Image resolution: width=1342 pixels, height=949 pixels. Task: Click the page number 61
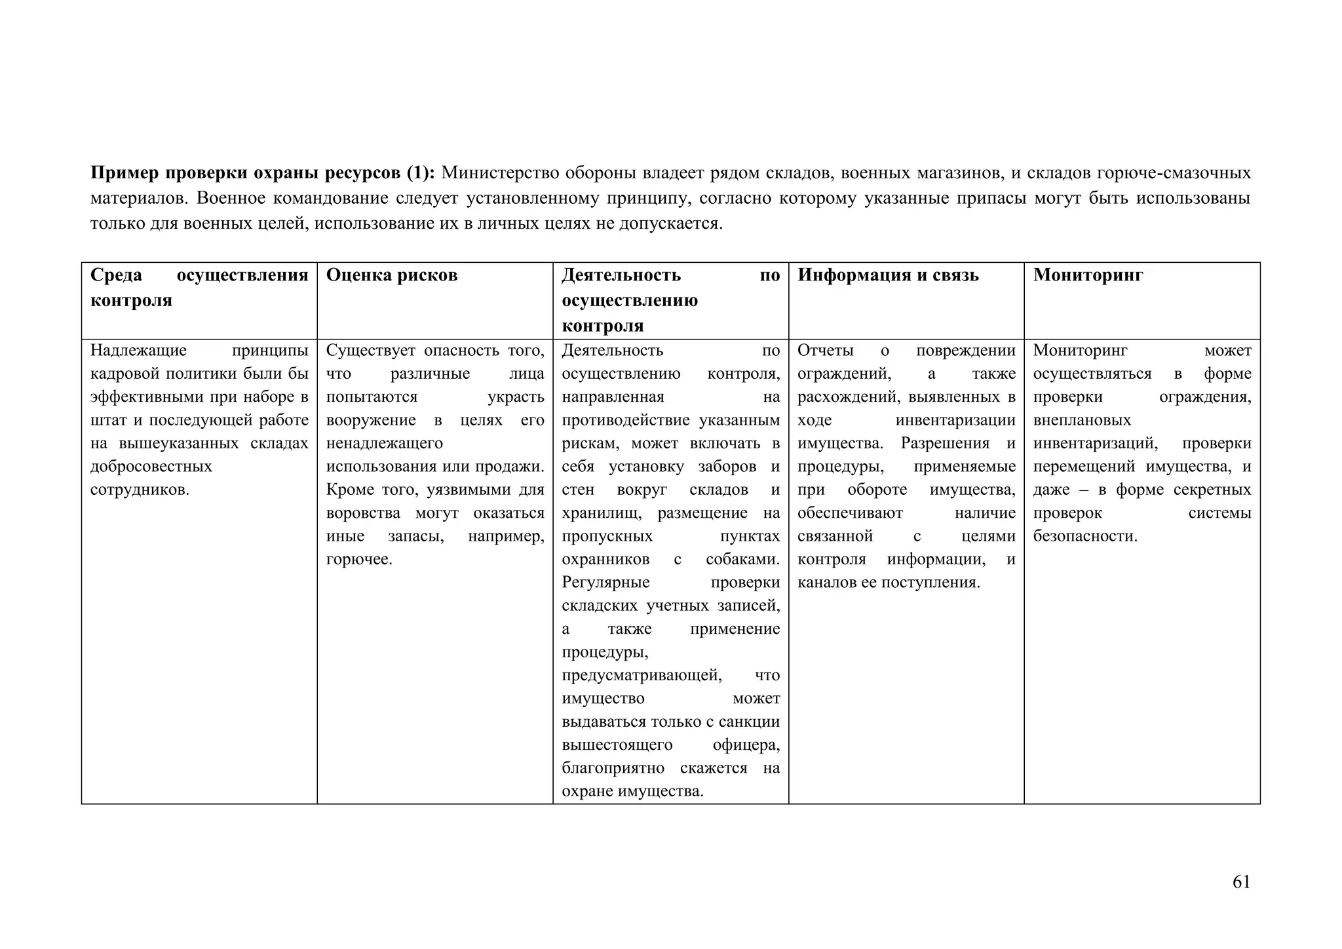(x=1241, y=882)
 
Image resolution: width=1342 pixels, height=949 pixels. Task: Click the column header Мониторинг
(x=1088, y=275)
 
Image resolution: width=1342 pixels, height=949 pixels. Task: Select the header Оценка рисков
(x=391, y=275)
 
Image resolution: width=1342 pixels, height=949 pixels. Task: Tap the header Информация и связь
(x=888, y=275)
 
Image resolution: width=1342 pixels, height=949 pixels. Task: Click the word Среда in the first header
(x=116, y=275)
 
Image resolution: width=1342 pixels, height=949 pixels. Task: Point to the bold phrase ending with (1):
(x=262, y=173)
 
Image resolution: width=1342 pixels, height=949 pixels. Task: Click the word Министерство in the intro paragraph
(x=499, y=173)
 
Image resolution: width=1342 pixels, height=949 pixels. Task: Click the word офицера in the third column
(x=746, y=745)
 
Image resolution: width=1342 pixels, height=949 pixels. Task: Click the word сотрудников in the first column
(x=140, y=490)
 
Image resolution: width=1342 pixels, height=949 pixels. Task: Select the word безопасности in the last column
(x=1084, y=537)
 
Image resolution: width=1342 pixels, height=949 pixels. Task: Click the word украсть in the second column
(x=516, y=397)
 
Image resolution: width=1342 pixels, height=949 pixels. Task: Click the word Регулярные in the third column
(x=605, y=583)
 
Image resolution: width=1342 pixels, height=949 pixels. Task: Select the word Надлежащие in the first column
(x=138, y=351)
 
